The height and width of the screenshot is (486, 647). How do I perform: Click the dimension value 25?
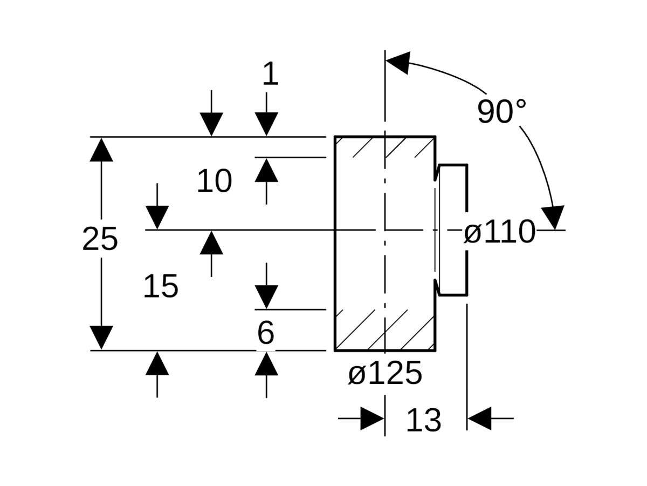tap(100, 239)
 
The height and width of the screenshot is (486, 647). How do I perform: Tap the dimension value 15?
tap(161, 286)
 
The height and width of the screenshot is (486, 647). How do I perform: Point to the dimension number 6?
tap(266, 333)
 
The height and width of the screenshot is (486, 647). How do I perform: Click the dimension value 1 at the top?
tap(271, 73)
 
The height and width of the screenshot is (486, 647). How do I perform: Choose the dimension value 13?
tap(424, 420)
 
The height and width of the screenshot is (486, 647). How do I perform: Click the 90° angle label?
tap(501, 112)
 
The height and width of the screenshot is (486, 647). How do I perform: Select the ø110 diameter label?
tap(500, 232)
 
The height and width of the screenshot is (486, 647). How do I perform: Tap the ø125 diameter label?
tap(385, 373)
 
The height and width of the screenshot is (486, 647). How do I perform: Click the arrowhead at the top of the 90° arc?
tap(398, 63)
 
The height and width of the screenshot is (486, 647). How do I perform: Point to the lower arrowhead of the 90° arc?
tap(553, 217)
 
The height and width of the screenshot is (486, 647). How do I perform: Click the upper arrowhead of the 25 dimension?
tap(101, 150)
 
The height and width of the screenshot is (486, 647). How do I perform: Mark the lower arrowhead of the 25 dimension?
tap(101, 337)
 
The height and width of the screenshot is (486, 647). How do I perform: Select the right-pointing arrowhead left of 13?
tap(372, 418)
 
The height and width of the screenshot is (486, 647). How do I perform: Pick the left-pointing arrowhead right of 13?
tap(479, 418)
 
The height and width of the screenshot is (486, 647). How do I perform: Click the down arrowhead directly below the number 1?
tap(266, 124)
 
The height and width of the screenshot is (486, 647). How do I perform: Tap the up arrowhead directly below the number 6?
tap(266, 364)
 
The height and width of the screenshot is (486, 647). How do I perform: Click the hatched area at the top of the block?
tap(385, 147)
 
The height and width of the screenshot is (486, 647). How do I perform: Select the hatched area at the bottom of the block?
tap(385, 330)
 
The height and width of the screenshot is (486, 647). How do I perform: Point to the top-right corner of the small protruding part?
tap(467, 165)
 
